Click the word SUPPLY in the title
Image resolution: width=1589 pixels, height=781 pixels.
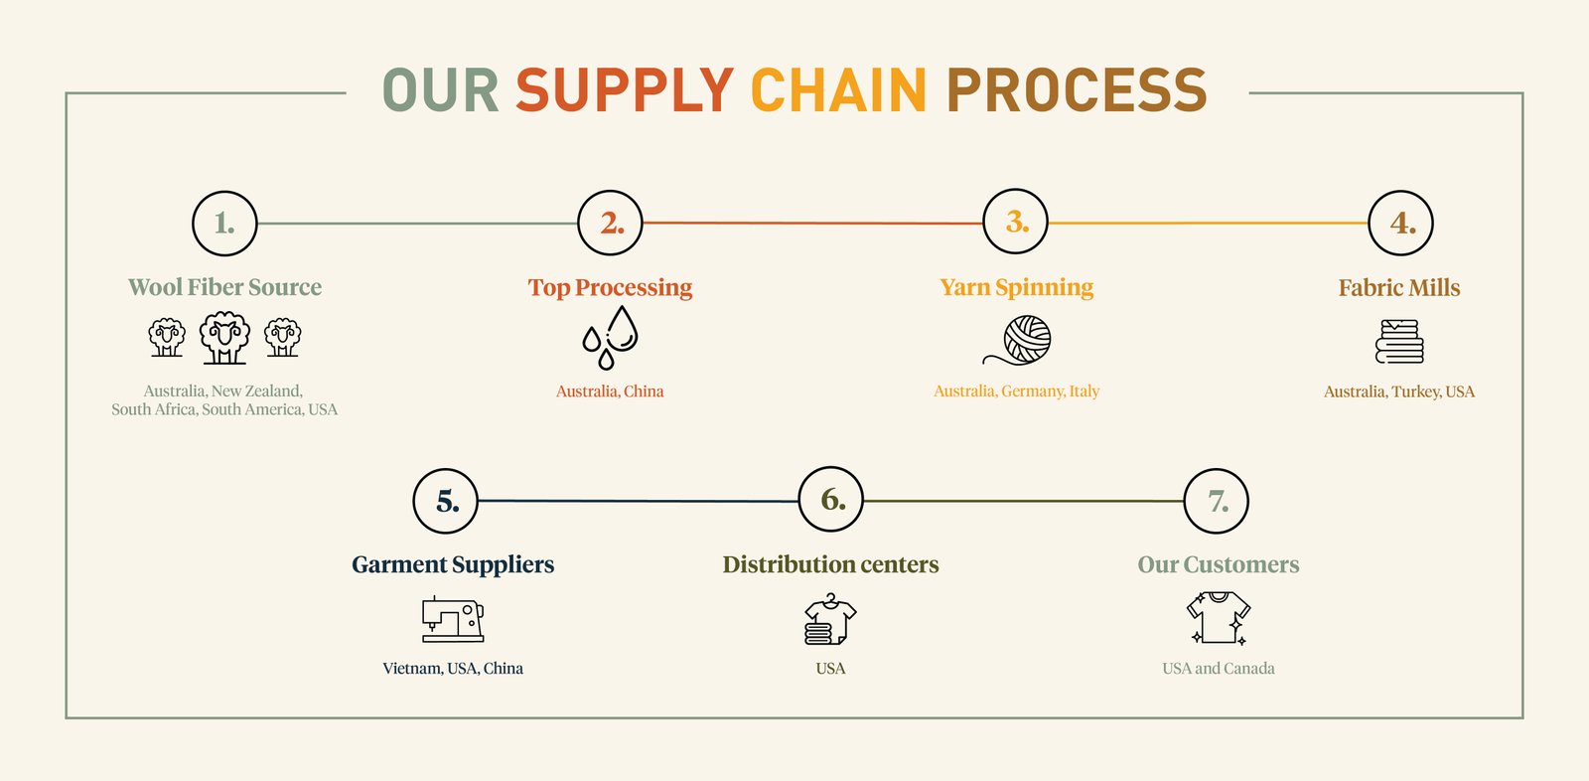click(624, 90)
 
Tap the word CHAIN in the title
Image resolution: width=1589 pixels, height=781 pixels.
click(838, 90)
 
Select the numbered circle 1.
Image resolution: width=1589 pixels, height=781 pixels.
click(224, 224)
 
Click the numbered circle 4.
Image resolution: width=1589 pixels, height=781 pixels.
click(1400, 224)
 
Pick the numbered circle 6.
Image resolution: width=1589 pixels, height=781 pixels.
click(831, 501)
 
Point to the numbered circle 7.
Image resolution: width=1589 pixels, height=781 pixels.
click(1217, 502)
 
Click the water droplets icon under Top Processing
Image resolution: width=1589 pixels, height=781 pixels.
click(610, 338)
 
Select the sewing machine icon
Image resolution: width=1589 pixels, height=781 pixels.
click(453, 619)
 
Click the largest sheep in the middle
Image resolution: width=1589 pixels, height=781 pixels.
click(224, 338)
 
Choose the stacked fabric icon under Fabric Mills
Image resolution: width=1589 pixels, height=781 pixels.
click(1399, 341)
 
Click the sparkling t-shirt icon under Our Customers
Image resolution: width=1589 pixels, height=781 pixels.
click(1219, 618)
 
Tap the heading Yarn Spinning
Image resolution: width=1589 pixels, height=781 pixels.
click(1016, 287)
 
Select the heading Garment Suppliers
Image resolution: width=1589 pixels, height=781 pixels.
click(453, 564)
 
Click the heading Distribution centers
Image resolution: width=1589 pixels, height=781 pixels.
click(830, 564)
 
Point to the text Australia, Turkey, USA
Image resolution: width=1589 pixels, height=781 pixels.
click(1398, 391)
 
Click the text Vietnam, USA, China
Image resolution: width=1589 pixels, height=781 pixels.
click(453, 669)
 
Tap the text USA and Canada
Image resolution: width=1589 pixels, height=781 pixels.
click(1219, 669)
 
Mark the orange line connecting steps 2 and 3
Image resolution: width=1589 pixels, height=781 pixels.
click(812, 224)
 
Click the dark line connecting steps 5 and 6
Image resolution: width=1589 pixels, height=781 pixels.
click(638, 501)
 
